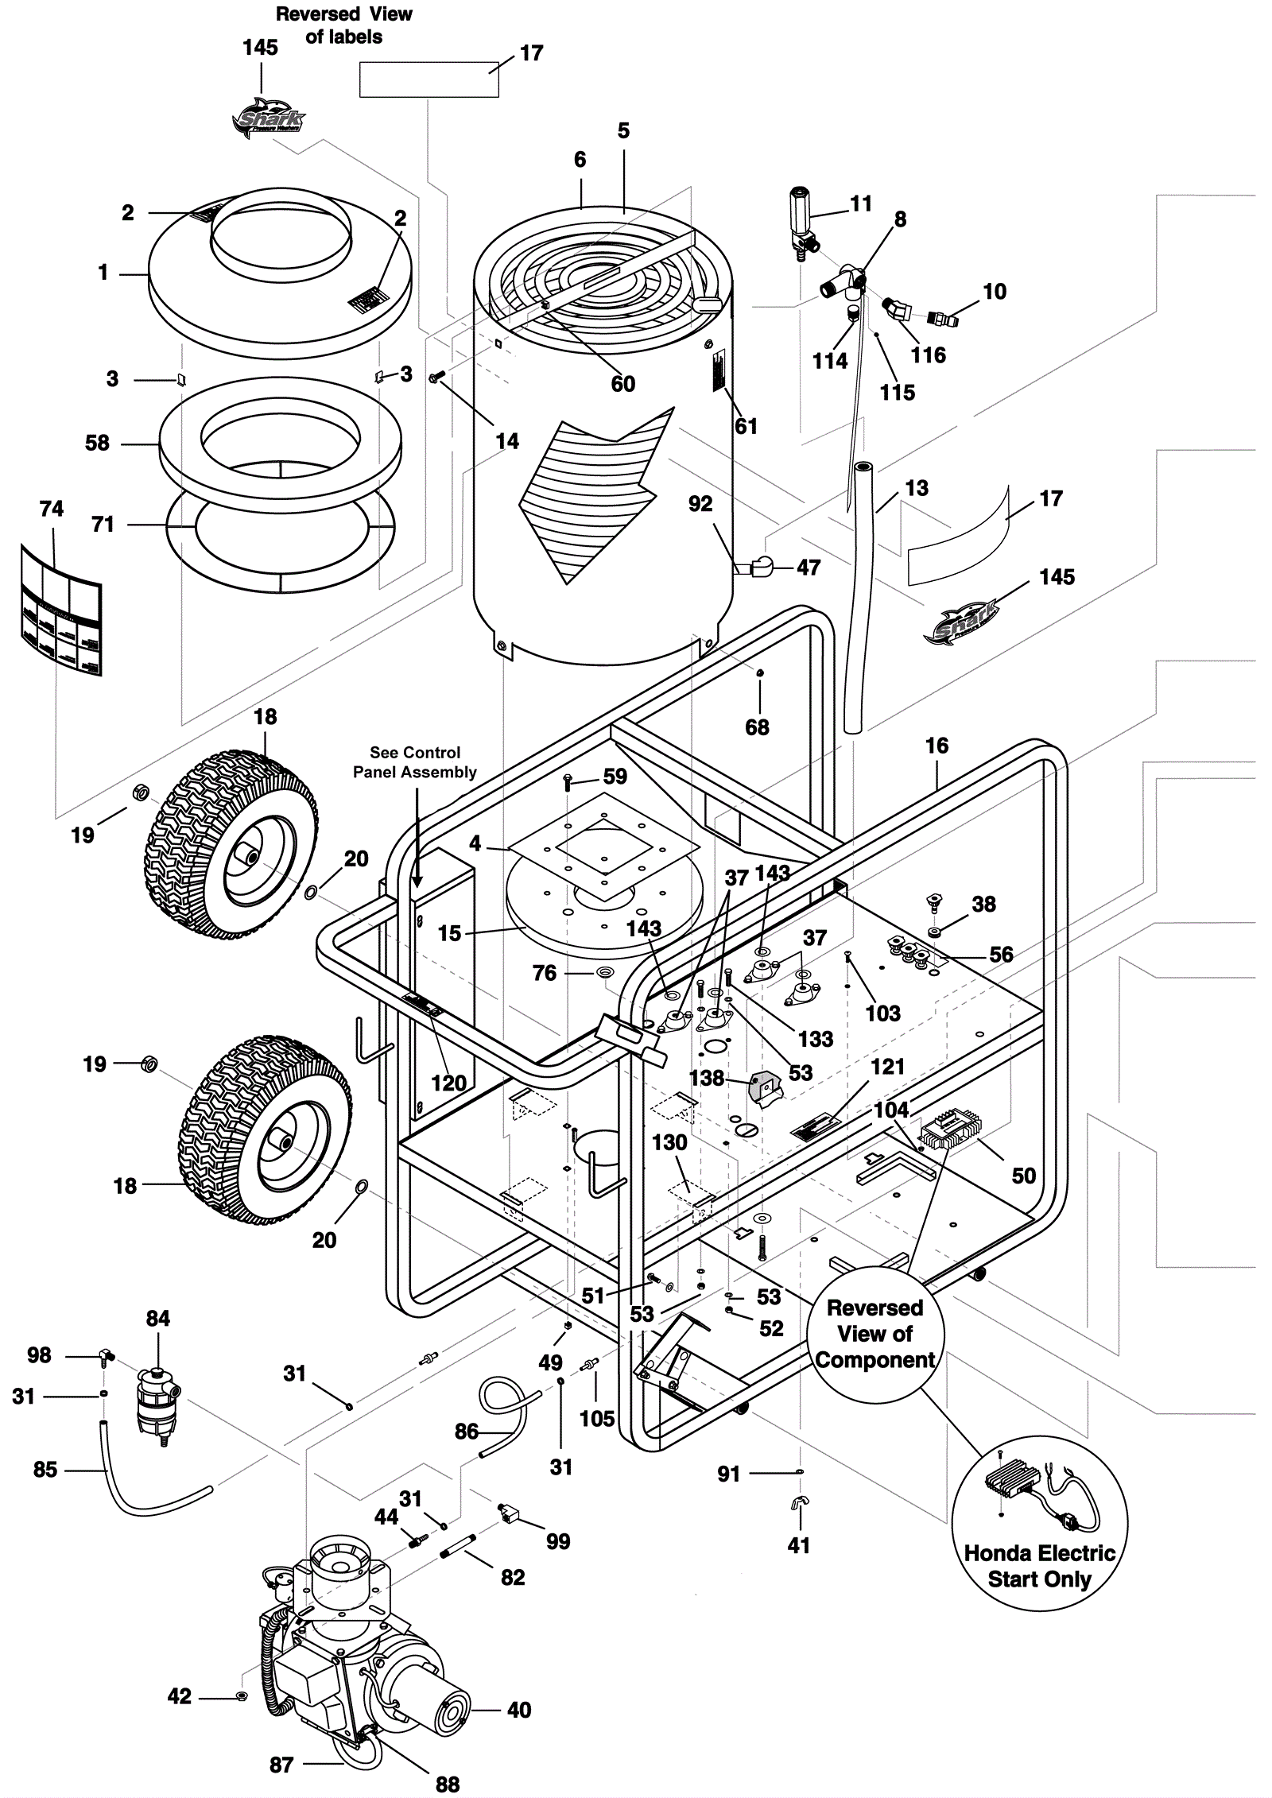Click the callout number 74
(52, 509)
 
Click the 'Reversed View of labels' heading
(343, 25)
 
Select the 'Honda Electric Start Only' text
(1039, 1566)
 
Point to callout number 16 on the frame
(937, 746)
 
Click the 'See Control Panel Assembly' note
(415, 762)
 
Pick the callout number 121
(888, 1067)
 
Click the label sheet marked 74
(61, 608)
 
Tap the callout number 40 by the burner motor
(519, 1711)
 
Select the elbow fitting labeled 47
(757, 566)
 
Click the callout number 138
(707, 1078)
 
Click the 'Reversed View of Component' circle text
(874, 1334)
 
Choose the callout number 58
(97, 443)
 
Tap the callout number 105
(597, 1418)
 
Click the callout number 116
(928, 355)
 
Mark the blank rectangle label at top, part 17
(429, 79)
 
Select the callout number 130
(669, 1143)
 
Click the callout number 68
(757, 727)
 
